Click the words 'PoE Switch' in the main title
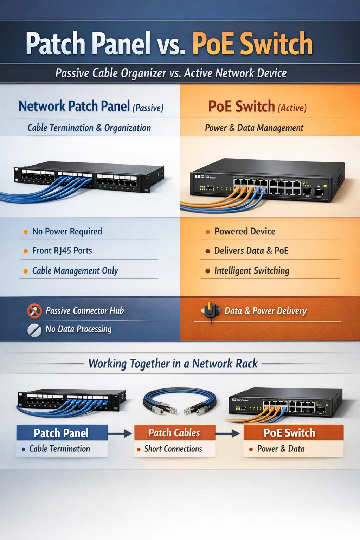252,44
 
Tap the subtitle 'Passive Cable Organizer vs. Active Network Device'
171,73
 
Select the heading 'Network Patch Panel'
74,106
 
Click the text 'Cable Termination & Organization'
89,128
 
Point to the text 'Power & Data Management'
254,128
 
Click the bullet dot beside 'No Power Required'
25,232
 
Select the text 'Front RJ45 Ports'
62,251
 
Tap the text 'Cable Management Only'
75,270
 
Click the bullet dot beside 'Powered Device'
208,232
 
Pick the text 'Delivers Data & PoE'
251,251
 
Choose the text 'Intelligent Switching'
252,270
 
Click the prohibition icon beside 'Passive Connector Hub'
34,311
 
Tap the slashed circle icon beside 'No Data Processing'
34,330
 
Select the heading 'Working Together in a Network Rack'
173,364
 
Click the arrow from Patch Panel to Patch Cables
120,433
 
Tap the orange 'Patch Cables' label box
174,433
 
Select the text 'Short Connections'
173,449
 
